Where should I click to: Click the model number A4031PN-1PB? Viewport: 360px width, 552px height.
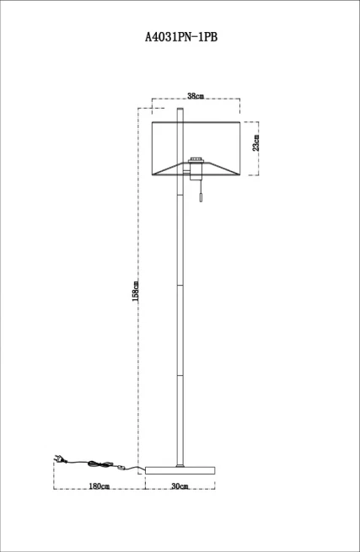[181, 37]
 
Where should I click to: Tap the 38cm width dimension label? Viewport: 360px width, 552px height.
[196, 95]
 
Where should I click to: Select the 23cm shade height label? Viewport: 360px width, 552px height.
[255, 142]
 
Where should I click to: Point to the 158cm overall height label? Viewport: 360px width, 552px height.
[135, 291]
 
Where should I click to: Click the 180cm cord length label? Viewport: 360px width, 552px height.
[99, 486]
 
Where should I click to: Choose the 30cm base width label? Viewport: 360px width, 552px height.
[180, 486]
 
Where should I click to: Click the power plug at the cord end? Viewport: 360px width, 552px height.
[58, 458]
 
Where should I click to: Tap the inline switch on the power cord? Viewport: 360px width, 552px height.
[122, 468]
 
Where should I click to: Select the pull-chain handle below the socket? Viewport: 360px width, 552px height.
[201, 198]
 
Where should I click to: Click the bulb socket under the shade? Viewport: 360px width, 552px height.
[196, 169]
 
